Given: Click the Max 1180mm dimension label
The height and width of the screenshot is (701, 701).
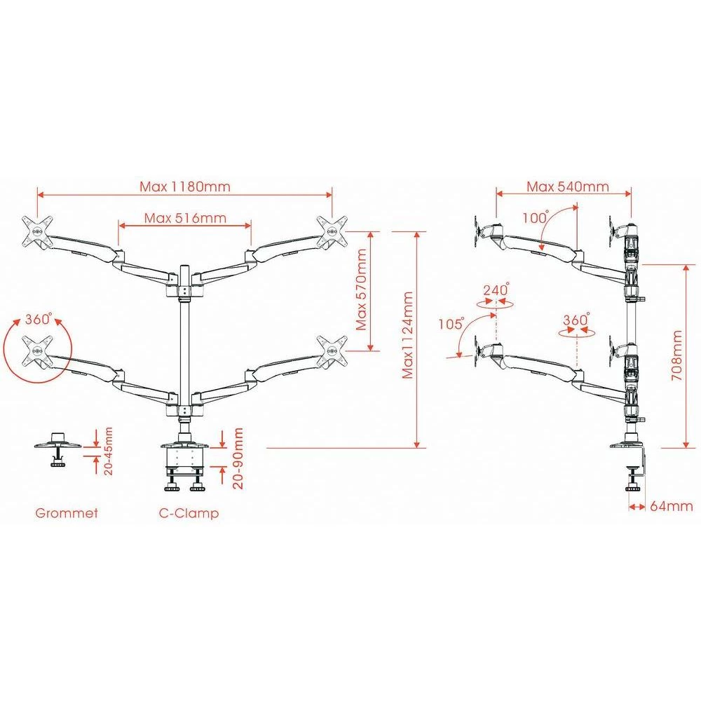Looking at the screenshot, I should [185, 186].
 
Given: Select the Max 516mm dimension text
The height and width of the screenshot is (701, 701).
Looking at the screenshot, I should [186, 217].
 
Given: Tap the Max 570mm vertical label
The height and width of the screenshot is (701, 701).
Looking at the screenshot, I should [361, 290].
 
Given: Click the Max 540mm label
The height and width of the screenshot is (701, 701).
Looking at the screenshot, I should [568, 186].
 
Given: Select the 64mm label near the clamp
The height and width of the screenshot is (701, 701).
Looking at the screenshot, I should [671, 505].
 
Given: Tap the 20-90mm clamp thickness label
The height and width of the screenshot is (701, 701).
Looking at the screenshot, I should [238, 459].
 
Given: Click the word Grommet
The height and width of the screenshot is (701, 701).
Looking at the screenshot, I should [67, 513].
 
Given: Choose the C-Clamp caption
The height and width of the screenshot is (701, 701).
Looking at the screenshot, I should [189, 513].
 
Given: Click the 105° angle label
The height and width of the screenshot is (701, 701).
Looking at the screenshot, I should [452, 324].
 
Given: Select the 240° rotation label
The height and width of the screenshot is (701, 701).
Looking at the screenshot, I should [496, 289].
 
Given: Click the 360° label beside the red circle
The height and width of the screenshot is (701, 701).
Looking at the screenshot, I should [39, 319].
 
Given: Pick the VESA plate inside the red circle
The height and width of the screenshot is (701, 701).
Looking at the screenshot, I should [36, 349].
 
